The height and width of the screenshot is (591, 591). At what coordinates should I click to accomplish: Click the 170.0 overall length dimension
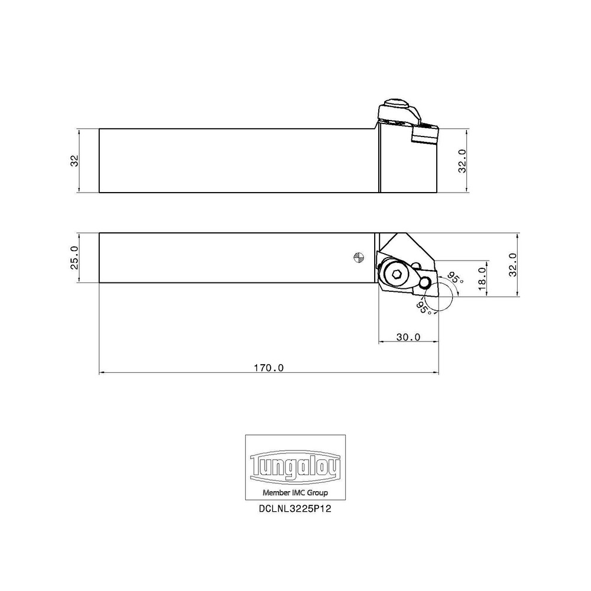pos(269,368)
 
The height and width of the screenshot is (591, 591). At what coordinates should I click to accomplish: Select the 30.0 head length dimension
pos(408,337)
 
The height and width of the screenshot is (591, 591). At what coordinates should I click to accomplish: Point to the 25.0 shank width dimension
pos(75,258)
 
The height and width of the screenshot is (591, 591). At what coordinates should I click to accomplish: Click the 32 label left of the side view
pos(75,160)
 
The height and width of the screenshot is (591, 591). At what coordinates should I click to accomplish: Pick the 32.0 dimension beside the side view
pos(463,160)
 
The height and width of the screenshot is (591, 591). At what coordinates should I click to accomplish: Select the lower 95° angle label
pos(423,306)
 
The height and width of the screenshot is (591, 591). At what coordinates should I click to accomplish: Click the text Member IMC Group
pos(295,492)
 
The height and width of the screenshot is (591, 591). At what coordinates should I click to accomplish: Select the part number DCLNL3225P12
pos(295,508)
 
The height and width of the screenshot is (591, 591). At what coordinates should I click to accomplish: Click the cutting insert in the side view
pos(425,135)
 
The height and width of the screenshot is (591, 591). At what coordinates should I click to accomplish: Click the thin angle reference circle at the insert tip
pos(440,296)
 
